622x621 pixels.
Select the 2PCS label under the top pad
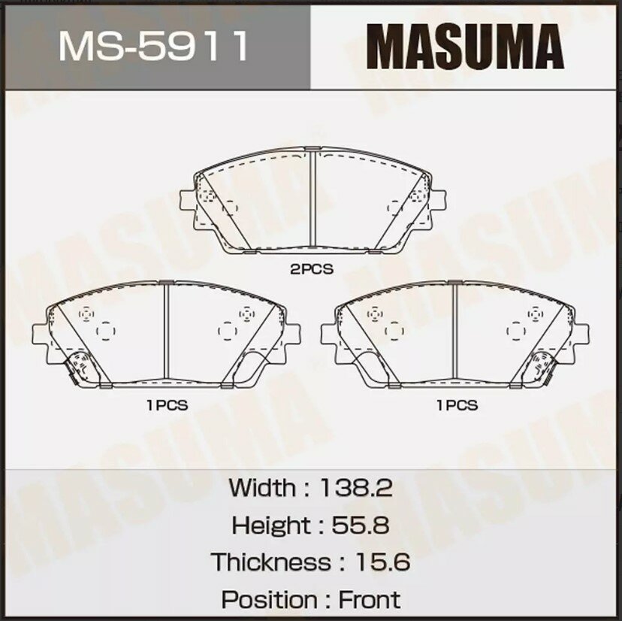(x=312, y=268)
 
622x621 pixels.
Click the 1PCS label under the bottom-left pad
(x=167, y=404)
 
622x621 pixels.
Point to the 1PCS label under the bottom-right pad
(x=457, y=404)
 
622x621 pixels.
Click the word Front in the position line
(x=369, y=599)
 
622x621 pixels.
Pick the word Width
(x=262, y=487)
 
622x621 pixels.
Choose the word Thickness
(x=270, y=562)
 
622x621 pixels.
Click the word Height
(x=270, y=525)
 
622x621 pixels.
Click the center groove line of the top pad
(x=312, y=199)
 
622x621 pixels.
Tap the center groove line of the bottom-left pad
(x=166, y=331)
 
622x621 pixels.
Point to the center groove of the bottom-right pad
(x=456, y=331)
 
